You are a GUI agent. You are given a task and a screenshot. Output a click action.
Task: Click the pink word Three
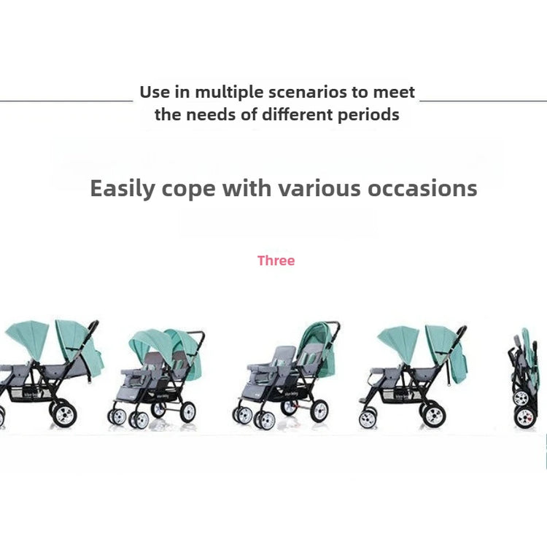(276, 260)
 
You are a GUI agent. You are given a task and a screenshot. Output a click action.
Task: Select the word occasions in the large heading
(422, 188)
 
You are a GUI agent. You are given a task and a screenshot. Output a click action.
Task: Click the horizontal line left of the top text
(66, 101)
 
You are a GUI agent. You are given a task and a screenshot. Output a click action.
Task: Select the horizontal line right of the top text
(483, 101)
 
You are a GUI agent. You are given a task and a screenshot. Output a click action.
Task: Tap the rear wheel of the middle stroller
(319, 411)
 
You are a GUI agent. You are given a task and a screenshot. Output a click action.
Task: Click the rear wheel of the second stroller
(188, 412)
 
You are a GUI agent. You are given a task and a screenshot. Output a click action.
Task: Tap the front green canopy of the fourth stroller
(400, 343)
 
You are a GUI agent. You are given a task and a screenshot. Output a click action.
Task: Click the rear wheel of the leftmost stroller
(64, 414)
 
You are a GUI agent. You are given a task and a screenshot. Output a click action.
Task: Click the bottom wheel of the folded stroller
(524, 417)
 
